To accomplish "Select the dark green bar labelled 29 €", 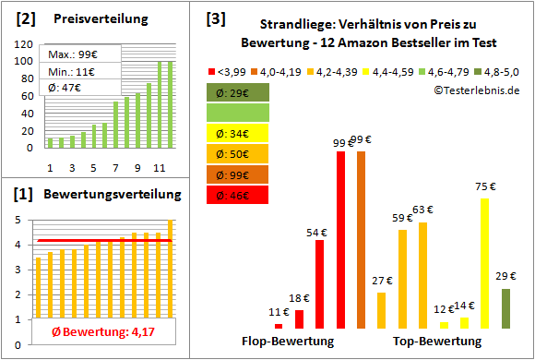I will point(505,308).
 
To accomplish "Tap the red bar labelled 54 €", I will point(319,283).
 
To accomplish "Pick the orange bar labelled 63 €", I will point(422,275).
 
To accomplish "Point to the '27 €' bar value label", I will point(382,281).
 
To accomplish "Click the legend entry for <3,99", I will point(230,70).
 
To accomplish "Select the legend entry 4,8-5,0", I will point(505,70).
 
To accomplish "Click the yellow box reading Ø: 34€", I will point(238,132).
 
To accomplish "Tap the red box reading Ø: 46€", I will point(238,195).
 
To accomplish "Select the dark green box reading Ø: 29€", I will point(238,91).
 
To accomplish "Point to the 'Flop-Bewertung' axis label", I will point(288,342).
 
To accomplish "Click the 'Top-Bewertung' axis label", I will point(436,342).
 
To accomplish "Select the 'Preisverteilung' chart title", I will point(95,19).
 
